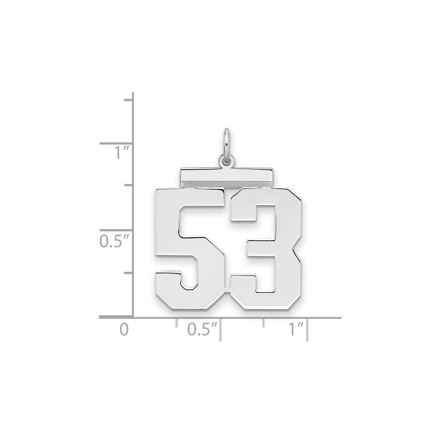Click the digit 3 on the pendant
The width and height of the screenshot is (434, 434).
pos(272,250)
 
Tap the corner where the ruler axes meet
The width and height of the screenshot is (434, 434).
pos(133,317)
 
